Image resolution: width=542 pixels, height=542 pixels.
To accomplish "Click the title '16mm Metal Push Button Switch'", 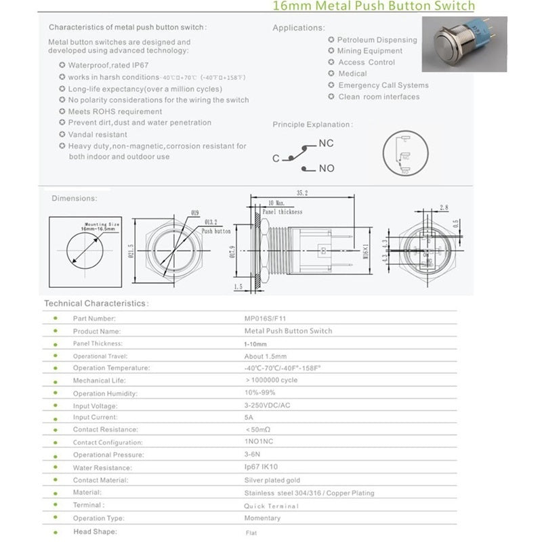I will pyautogui.click(x=373, y=7).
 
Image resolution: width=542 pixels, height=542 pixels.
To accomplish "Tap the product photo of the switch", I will pyautogui.click(x=464, y=44).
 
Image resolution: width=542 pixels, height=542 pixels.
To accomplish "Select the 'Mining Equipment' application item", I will pyautogui.click(x=370, y=51).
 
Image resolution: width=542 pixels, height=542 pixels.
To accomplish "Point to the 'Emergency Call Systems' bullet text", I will pyautogui.click(x=383, y=85).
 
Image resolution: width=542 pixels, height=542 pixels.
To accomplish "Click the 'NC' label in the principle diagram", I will pyautogui.click(x=326, y=144).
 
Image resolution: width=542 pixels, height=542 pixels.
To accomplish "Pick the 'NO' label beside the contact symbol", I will pyautogui.click(x=326, y=168).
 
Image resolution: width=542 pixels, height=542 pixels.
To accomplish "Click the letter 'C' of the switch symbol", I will pyautogui.click(x=276, y=159).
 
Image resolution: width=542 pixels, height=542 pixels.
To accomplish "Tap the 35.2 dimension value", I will pyautogui.click(x=302, y=193).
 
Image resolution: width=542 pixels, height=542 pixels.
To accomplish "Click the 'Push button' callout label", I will pyautogui.click(x=216, y=231).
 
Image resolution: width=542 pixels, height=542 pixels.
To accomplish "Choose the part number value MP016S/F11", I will pyautogui.click(x=266, y=318).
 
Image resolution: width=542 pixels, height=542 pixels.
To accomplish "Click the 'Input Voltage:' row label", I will pyautogui.click(x=96, y=405).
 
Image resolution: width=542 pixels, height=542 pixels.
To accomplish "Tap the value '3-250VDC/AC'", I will pyautogui.click(x=268, y=405).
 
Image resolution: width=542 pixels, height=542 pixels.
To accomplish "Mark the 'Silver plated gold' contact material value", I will pyautogui.click(x=272, y=480).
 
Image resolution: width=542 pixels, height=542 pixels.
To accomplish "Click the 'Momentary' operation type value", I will pyautogui.click(x=262, y=518).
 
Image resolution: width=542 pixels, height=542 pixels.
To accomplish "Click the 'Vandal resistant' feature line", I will pyautogui.click(x=98, y=135).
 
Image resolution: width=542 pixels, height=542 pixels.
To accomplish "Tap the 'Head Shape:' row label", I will pyautogui.click(x=95, y=532).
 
